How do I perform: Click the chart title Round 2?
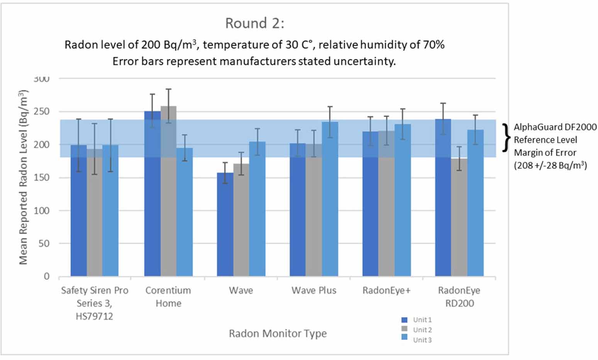pyautogui.click(x=254, y=24)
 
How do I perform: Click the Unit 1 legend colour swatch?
pyautogui.click(x=405, y=320)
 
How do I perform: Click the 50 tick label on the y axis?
pyautogui.click(x=45, y=243)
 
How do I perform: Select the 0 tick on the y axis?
pyautogui.click(x=47, y=276)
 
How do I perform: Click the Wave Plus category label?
pyautogui.click(x=314, y=290)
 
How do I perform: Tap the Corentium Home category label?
pyautogui.click(x=168, y=297)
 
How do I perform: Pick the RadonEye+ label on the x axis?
pyautogui.click(x=386, y=290)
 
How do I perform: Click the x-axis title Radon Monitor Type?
pyautogui.click(x=278, y=333)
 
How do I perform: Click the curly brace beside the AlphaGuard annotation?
pyautogui.click(x=506, y=138)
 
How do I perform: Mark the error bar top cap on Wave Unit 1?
pyautogui.click(x=225, y=163)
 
